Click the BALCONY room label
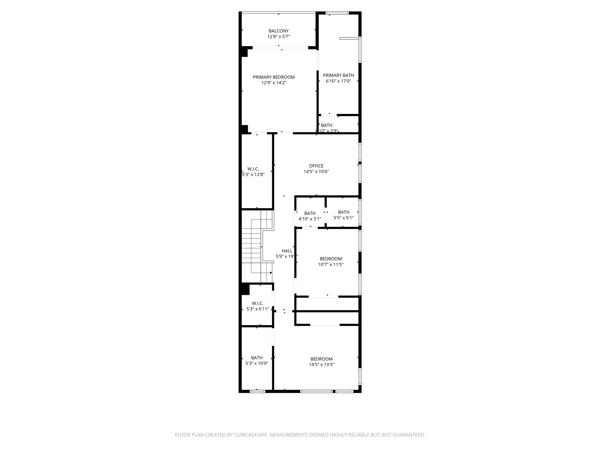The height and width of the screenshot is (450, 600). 279,31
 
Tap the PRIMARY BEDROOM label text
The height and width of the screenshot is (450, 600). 274,77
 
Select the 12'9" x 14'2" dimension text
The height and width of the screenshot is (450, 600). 274,83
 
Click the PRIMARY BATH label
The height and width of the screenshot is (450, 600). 338,75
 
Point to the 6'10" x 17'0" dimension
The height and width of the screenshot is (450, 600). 338,81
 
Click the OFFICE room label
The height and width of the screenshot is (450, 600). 316,166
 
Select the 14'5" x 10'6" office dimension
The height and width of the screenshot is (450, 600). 316,172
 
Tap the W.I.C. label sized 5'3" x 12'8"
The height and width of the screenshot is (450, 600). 253,169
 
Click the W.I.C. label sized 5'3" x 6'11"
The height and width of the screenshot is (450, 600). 258,303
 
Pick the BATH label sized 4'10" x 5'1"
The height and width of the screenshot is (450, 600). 310,213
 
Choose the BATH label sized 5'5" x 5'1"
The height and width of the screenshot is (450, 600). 343,212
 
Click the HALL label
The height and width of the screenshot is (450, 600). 287,251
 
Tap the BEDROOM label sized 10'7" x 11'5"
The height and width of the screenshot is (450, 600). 330,259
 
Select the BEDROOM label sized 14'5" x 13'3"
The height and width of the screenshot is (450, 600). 321,359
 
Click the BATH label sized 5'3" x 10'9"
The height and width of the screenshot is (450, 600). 257,358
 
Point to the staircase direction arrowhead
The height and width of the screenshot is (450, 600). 271,273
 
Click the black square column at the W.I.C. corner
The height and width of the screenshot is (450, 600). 245,289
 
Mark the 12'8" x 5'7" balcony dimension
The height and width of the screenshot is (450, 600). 279,37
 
